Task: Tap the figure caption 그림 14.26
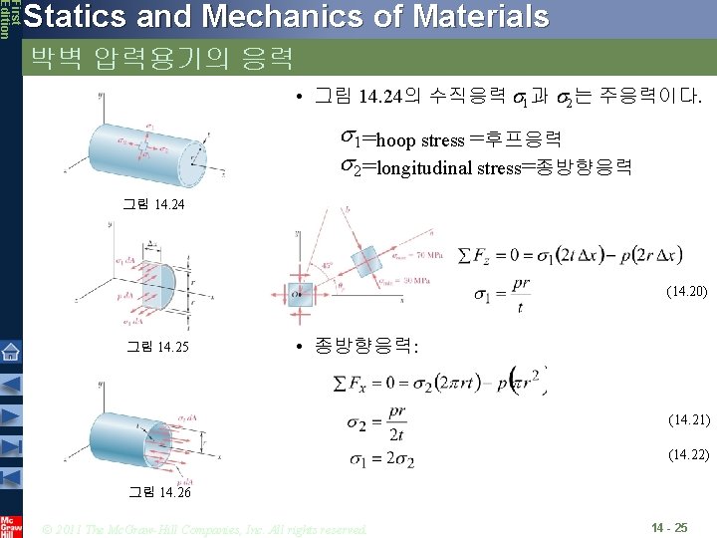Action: point(159,492)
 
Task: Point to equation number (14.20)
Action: point(686,292)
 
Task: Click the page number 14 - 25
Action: point(668,525)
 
